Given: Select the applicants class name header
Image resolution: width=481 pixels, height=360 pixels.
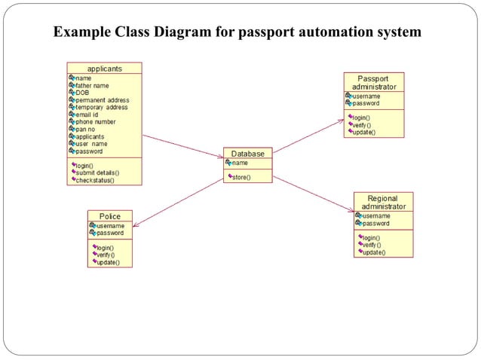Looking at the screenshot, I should click(x=104, y=68).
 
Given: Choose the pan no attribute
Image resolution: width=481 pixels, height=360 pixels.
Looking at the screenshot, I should click(x=87, y=129).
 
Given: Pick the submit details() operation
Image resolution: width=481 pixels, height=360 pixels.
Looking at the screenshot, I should click(x=97, y=172).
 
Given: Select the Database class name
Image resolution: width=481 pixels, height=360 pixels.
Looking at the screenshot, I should click(x=247, y=154).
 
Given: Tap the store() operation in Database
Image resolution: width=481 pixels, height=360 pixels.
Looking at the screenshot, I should click(x=241, y=178).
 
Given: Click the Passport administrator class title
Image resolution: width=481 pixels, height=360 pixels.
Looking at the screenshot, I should click(x=373, y=82).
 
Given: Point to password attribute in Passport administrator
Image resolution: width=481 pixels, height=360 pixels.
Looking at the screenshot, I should click(x=366, y=103).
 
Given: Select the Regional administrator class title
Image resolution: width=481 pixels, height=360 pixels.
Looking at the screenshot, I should click(x=383, y=202).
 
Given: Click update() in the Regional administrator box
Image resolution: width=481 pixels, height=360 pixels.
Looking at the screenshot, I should click(x=373, y=252).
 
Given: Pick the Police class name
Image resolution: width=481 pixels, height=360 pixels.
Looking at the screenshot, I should click(x=110, y=216).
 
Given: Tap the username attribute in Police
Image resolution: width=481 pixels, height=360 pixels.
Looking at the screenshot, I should click(x=110, y=226).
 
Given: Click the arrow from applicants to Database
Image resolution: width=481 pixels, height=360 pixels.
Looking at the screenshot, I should click(x=182, y=146).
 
